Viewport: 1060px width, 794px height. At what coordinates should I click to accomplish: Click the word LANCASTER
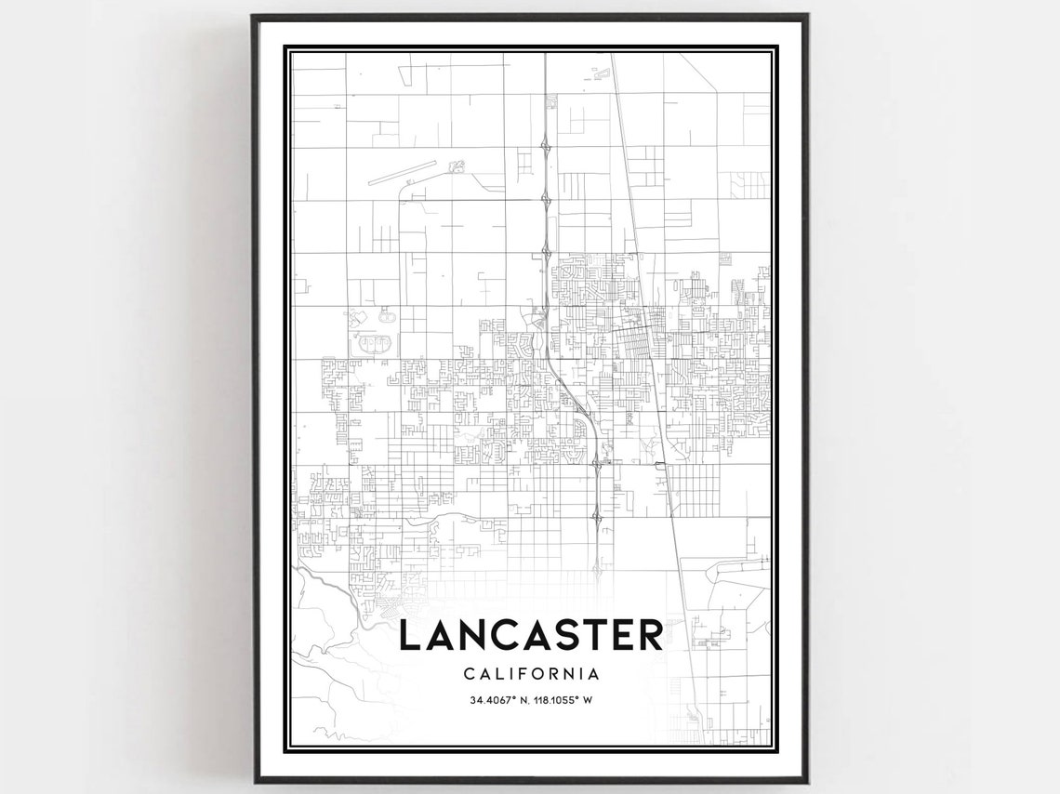531,636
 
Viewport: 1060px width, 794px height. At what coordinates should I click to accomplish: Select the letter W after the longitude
588,700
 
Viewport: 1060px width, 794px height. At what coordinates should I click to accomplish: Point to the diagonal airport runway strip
402,172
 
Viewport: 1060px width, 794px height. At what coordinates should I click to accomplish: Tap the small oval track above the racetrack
383,318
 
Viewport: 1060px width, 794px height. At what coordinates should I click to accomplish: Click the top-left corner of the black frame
254,17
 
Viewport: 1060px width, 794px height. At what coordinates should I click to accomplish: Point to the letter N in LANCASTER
480,636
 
